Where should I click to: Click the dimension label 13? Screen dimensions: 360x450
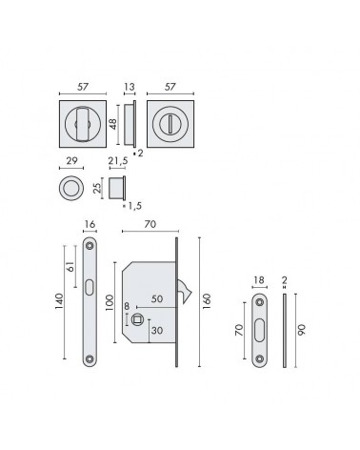pyautogui.click(x=130, y=87)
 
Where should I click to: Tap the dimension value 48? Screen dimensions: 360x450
pyautogui.click(x=112, y=124)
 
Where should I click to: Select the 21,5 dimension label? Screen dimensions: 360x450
pyautogui.click(x=118, y=161)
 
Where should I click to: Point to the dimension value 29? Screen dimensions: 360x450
pyautogui.click(x=71, y=160)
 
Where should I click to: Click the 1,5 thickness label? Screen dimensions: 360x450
pyautogui.click(x=134, y=206)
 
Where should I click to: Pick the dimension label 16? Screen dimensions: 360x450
pyautogui.click(x=90, y=224)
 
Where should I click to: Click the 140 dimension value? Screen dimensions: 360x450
pyautogui.click(x=59, y=302)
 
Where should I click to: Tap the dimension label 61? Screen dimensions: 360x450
pyautogui.click(x=70, y=266)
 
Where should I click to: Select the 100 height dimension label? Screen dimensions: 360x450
pyautogui.click(x=109, y=303)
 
